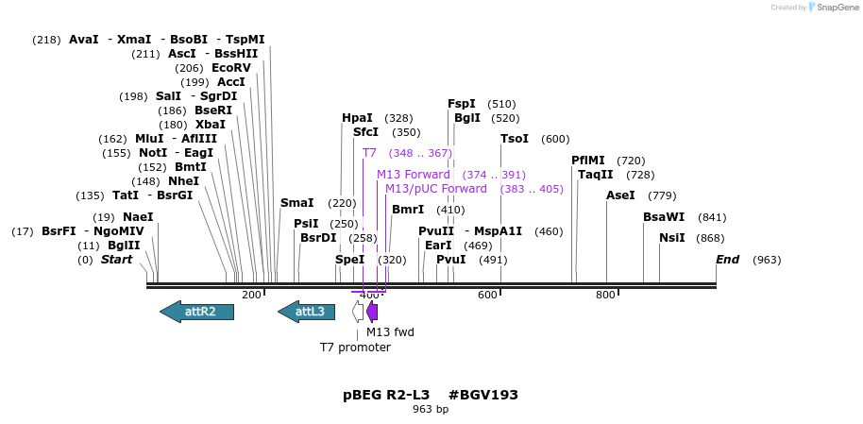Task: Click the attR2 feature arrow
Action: pyautogui.click(x=196, y=312)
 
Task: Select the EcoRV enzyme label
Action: pyautogui.click(x=231, y=68)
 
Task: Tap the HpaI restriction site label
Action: pyautogui.click(x=357, y=118)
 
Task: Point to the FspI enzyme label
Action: pyautogui.click(x=462, y=104)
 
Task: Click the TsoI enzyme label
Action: pyautogui.click(x=515, y=139)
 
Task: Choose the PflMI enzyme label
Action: pyautogui.click(x=589, y=161)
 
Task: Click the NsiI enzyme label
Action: pyautogui.click(x=672, y=238)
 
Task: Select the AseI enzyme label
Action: pyautogui.click(x=620, y=195)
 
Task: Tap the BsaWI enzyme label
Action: pyautogui.click(x=664, y=217)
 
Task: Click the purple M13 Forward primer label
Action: pyautogui.click(x=414, y=175)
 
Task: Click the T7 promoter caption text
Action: pyautogui.click(x=355, y=348)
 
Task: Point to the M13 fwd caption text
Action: pyautogui.click(x=390, y=332)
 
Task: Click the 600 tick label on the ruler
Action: pyautogui.click(x=487, y=296)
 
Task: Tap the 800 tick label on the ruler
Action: pyautogui.click(x=605, y=296)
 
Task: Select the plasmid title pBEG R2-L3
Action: pyautogui.click(x=386, y=395)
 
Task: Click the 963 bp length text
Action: pyautogui.click(x=431, y=410)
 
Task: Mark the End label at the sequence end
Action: pyautogui.click(x=727, y=260)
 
